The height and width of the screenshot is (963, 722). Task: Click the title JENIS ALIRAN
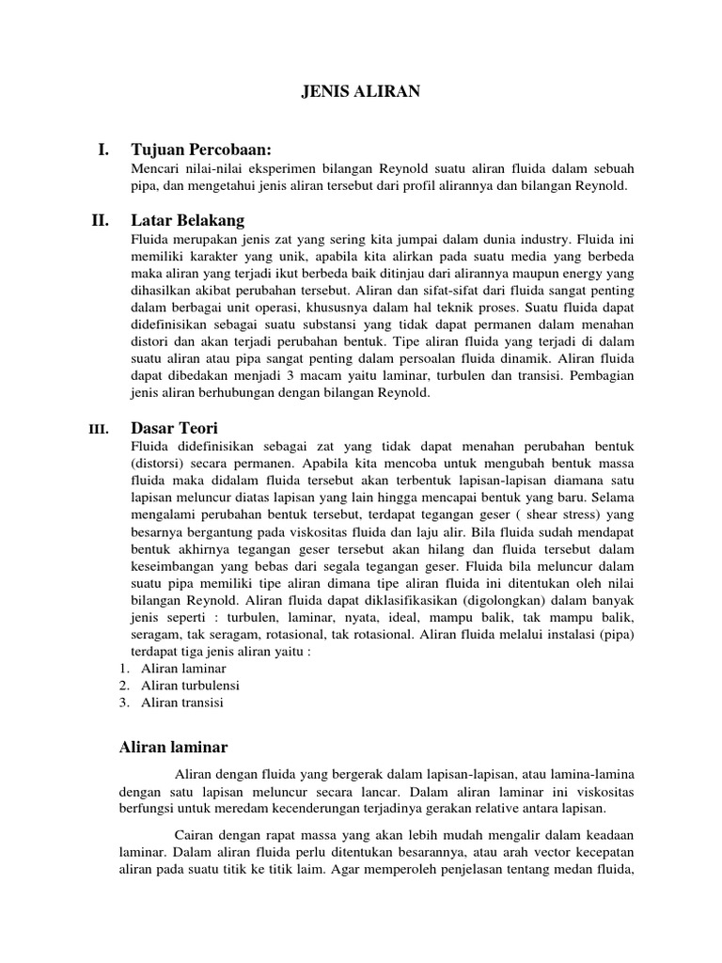click(x=361, y=91)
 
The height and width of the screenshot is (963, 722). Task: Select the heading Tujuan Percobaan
click(x=201, y=150)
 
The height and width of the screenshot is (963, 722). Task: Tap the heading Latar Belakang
click(x=188, y=221)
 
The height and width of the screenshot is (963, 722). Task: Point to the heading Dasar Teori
click(x=176, y=428)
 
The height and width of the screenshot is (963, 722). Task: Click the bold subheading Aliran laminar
click(x=173, y=747)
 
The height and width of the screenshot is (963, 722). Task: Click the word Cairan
click(x=196, y=835)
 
